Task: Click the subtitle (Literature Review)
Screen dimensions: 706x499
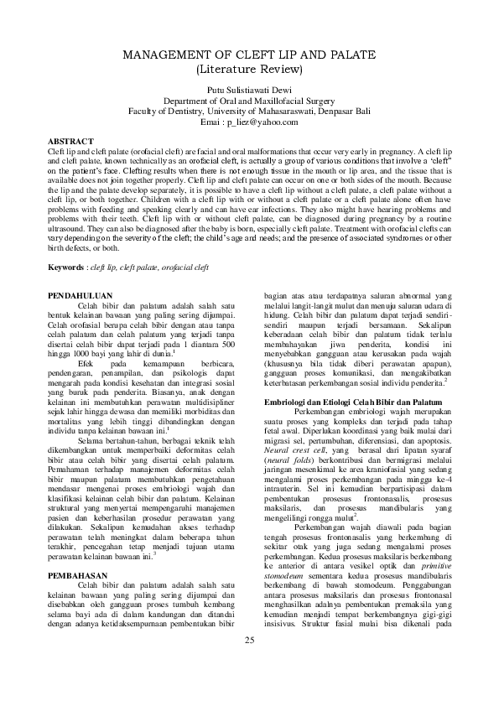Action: [x=249, y=69]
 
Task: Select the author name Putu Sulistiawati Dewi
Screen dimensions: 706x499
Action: [x=249, y=89]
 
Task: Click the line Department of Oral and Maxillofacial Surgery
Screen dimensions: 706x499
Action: [x=249, y=100]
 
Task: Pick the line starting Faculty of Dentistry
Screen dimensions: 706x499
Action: [x=249, y=111]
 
